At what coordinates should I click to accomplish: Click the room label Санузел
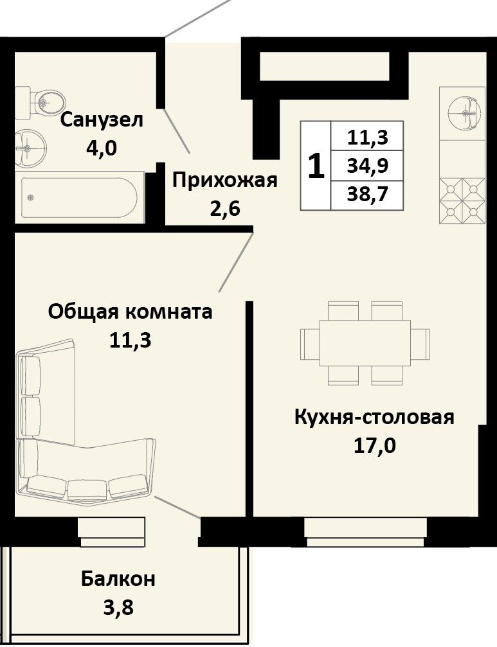[x=102, y=121]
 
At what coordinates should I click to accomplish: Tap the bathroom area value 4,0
[x=102, y=147]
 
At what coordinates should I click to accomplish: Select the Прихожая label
[x=225, y=181]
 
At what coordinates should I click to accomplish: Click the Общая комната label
[x=130, y=312]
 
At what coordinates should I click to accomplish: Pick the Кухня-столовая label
[x=374, y=417]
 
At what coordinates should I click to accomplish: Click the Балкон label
[x=118, y=579]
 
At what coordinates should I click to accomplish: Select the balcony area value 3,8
[x=118, y=607]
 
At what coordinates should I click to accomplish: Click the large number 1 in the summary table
[x=316, y=166]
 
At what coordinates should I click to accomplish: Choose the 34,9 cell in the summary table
[x=367, y=166]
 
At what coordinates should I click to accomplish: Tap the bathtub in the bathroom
[x=79, y=198]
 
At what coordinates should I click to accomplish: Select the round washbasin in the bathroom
[x=30, y=147]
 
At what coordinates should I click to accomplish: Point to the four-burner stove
[x=462, y=201]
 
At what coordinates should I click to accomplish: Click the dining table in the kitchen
[x=365, y=343]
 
